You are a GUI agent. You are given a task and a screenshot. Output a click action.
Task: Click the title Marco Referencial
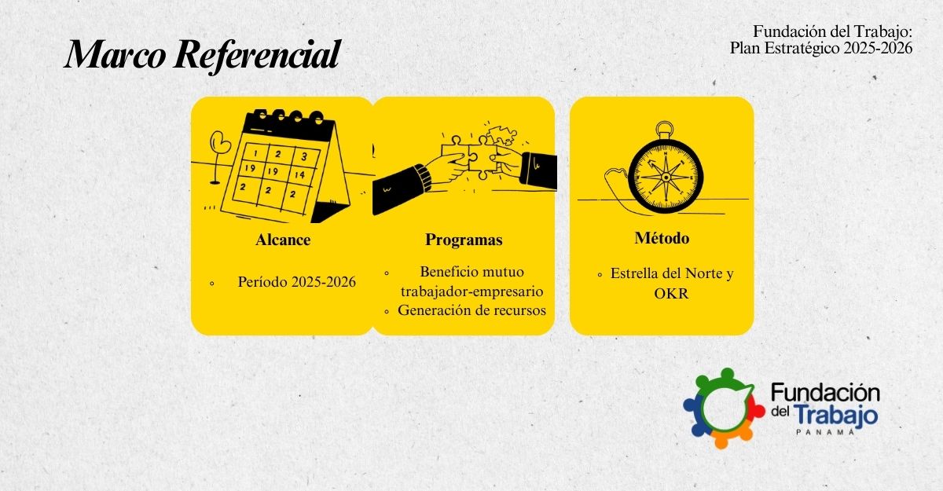[202, 55]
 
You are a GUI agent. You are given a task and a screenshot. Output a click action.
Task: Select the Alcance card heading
[283, 240]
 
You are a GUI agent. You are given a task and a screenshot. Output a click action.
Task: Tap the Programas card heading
[464, 240]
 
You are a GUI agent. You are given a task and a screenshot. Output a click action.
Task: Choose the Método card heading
[662, 238]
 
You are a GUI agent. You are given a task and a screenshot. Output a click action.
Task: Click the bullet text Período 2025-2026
[297, 282]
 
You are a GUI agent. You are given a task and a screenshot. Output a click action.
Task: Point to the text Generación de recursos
[472, 310]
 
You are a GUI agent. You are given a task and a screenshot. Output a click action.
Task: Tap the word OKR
[671, 294]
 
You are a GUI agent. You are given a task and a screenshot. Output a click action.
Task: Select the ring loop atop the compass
[664, 129]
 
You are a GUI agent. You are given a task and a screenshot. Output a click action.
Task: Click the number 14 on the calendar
[299, 174]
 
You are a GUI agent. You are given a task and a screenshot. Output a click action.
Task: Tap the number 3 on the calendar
[304, 157]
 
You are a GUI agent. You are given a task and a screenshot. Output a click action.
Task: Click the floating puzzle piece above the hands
[502, 134]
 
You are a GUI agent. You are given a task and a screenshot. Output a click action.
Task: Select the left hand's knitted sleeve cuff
[423, 177]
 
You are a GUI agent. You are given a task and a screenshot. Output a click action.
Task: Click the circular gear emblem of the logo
[724, 408]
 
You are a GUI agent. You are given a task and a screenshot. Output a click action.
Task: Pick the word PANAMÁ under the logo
[825, 431]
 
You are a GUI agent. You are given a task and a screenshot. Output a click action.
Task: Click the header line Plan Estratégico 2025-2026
[821, 49]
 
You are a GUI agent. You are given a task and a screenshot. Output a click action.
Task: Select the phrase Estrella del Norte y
[672, 274]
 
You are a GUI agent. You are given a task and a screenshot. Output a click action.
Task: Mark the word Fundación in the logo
[825, 393]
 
